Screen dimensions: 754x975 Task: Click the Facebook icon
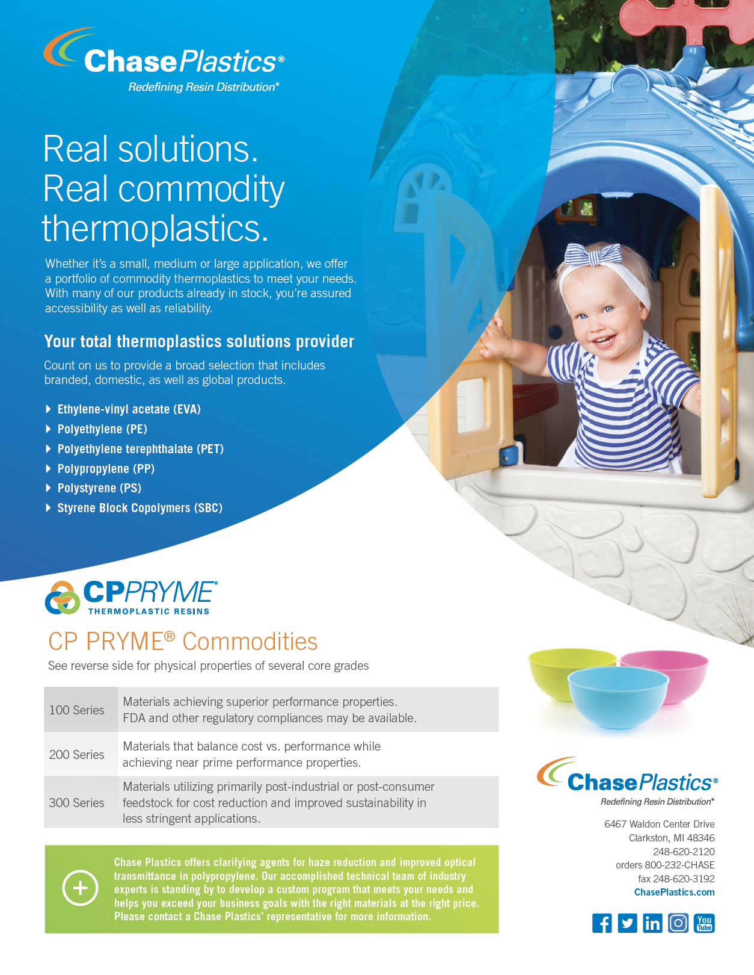(602, 923)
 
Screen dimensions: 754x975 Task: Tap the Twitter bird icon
(627, 923)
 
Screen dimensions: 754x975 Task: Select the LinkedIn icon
(653, 923)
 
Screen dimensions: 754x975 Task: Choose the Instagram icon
(678, 923)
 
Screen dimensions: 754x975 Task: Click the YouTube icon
(704, 923)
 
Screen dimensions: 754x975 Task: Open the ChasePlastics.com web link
(674, 892)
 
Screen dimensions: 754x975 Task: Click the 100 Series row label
(76, 710)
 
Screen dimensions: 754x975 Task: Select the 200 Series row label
(76, 754)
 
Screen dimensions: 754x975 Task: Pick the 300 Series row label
(76, 802)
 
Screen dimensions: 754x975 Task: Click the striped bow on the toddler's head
(593, 254)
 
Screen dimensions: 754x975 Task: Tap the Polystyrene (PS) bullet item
(99, 488)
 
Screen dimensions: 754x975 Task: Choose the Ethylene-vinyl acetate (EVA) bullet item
(129, 409)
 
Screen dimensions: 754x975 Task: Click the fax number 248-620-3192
(684, 879)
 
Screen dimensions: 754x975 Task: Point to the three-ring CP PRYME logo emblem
(63, 598)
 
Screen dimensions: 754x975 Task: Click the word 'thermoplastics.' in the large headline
(155, 228)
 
